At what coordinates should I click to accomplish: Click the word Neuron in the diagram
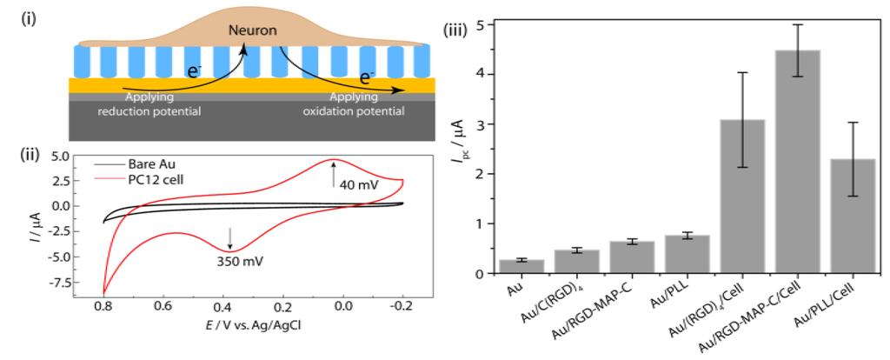tap(253, 30)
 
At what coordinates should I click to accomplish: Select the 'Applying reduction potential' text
tap(150, 106)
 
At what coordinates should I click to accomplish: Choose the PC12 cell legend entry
tap(157, 177)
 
